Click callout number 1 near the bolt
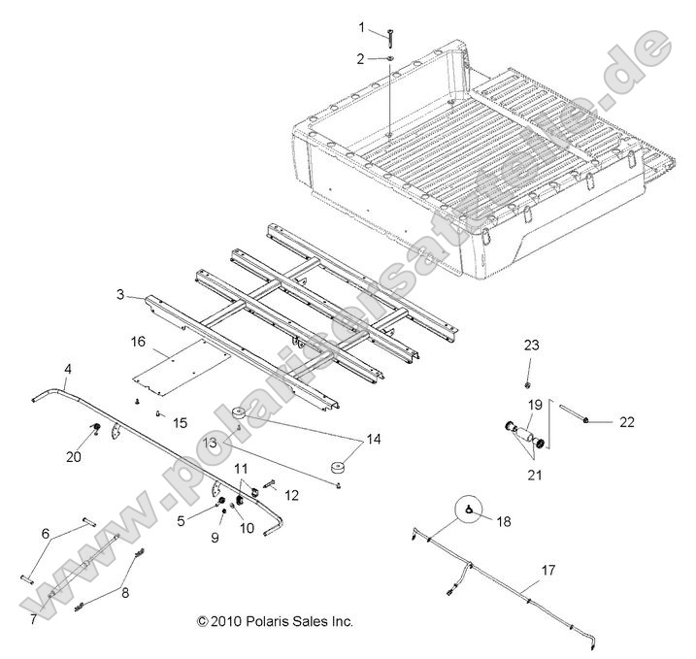pyautogui.click(x=363, y=26)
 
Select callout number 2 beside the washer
pyautogui.click(x=361, y=58)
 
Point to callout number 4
pyautogui.click(x=68, y=369)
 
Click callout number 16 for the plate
pyautogui.click(x=139, y=342)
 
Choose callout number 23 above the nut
pyautogui.click(x=531, y=345)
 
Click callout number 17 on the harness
pyautogui.click(x=549, y=571)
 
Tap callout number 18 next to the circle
pyautogui.click(x=502, y=522)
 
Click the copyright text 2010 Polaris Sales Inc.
pyautogui.click(x=275, y=621)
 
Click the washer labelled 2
pyautogui.click(x=387, y=60)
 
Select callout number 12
pyautogui.click(x=292, y=496)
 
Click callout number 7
pyautogui.click(x=34, y=618)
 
